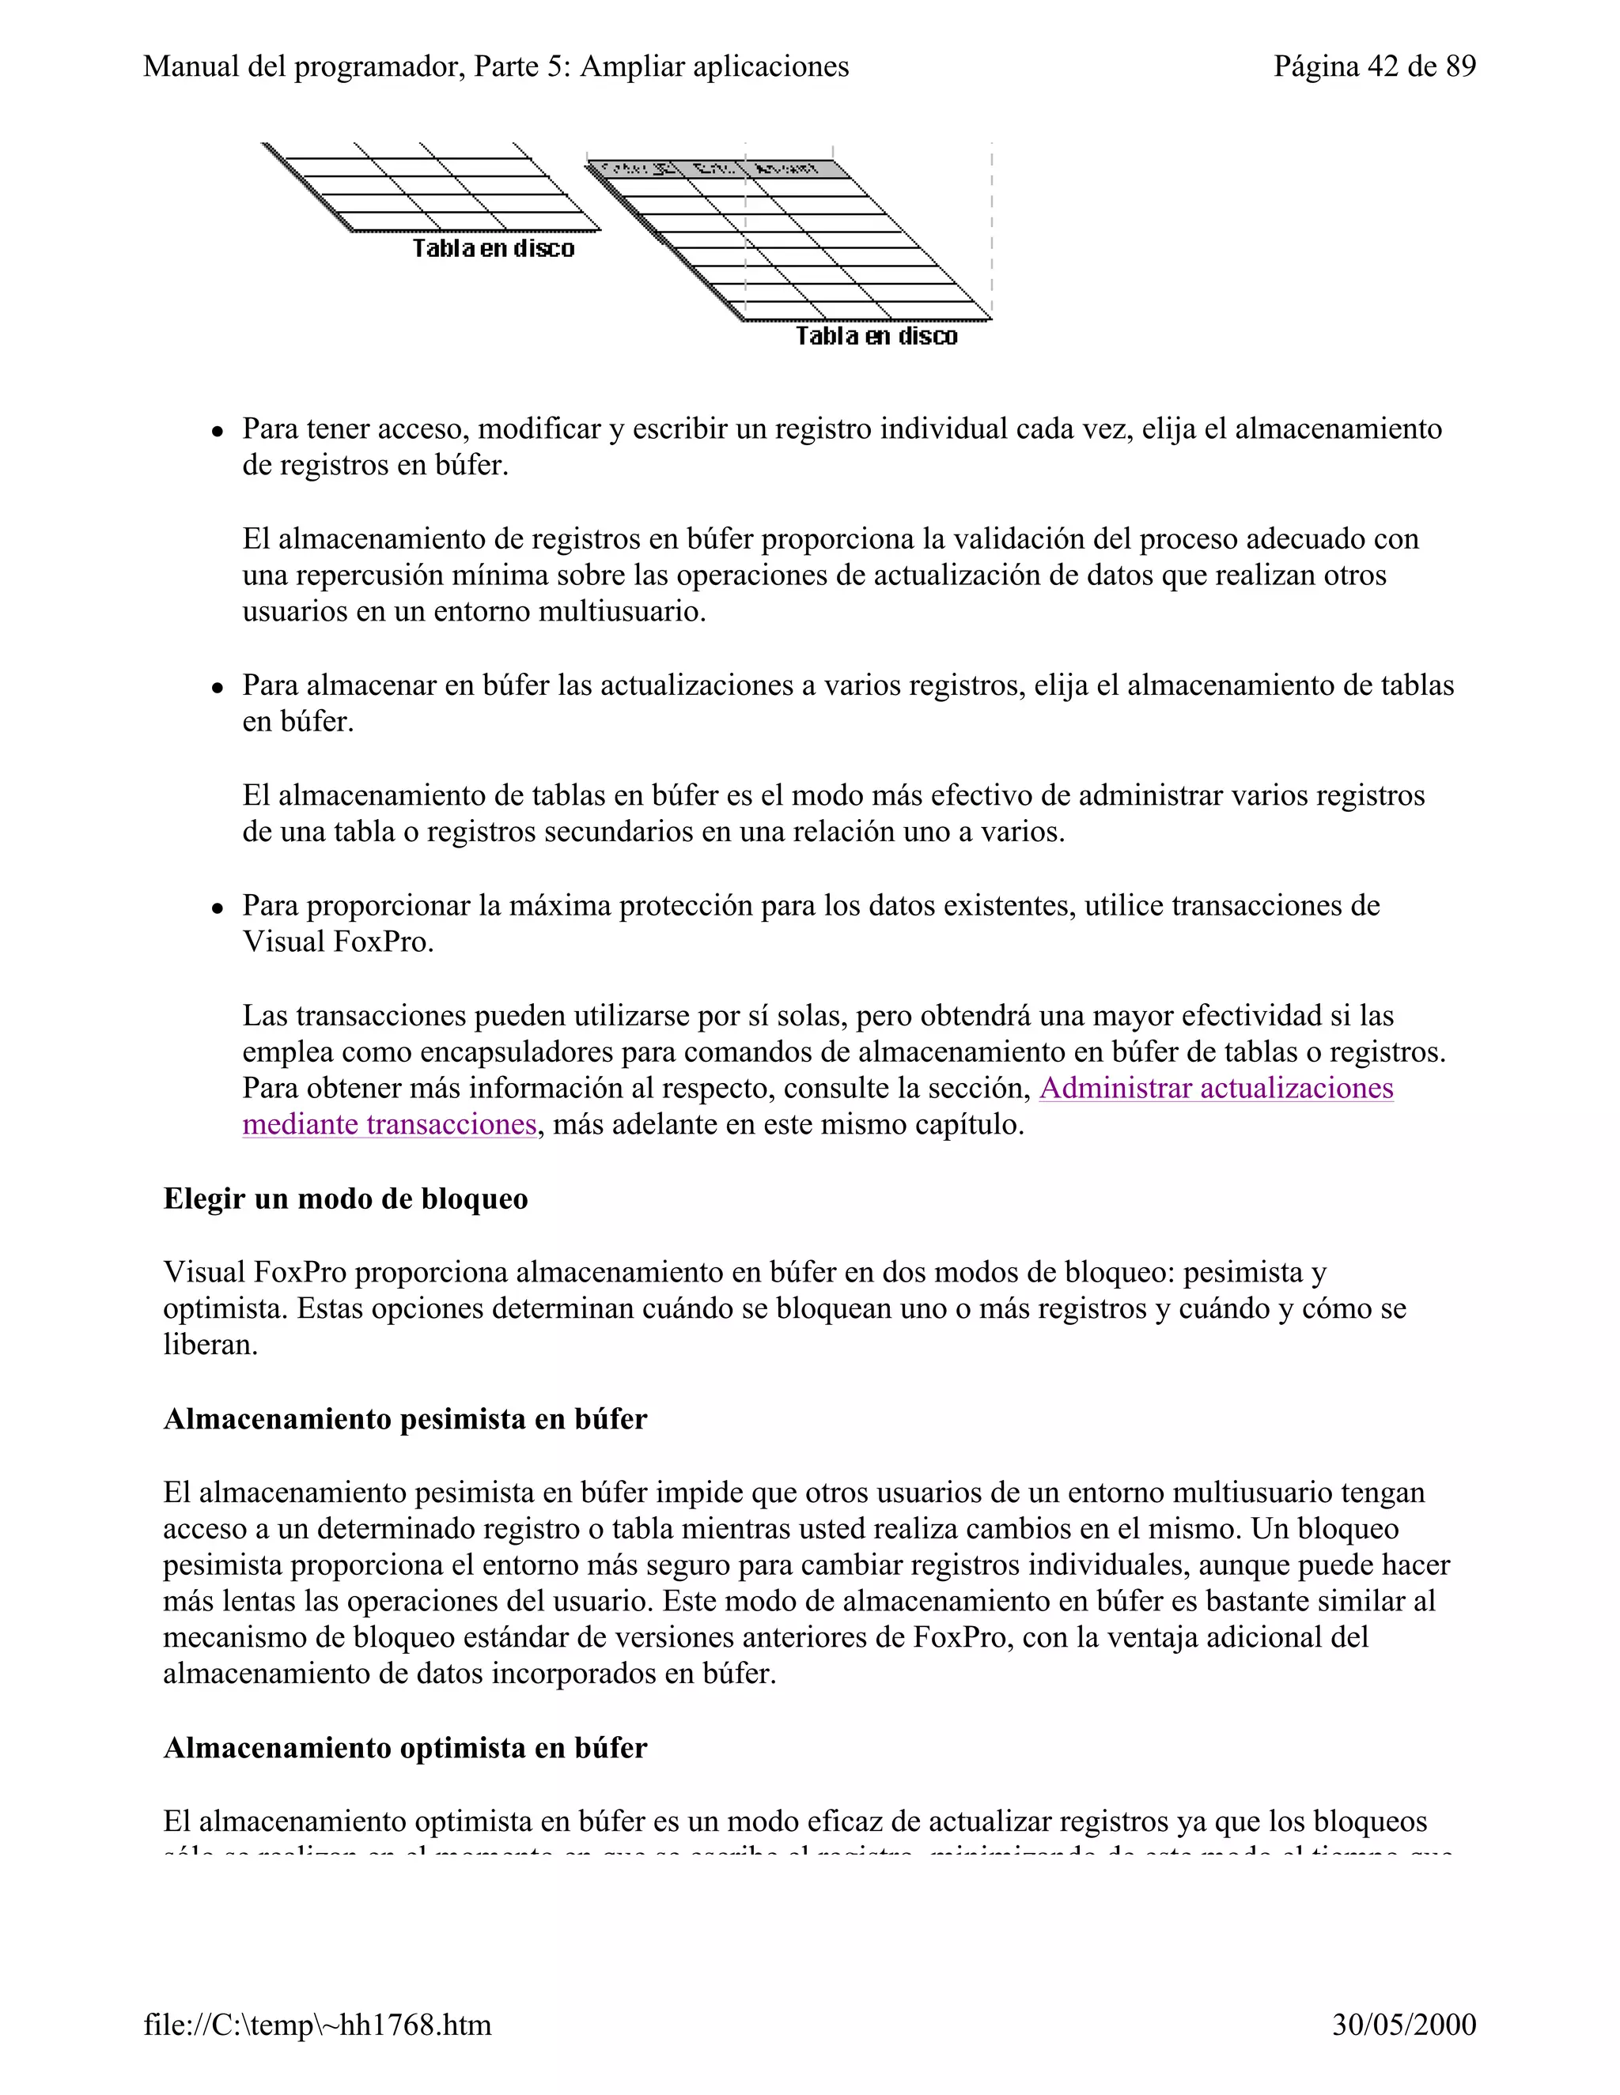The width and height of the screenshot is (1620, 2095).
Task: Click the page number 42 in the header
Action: (1383, 66)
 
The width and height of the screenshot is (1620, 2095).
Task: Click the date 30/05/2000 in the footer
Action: (1403, 2024)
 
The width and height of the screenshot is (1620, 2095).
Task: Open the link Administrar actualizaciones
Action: (1215, 1088)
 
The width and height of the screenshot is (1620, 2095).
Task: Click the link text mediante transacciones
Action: (388, 1124)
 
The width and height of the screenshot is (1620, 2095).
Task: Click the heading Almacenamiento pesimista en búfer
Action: (405, 1419)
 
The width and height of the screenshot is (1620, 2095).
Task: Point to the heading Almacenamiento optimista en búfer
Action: (405, 1748)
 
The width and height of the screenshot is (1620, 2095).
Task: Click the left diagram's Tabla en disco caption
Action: (494, 248)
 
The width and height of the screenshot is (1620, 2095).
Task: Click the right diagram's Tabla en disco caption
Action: (876, 336)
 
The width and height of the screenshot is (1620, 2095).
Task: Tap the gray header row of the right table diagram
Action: (718, 170)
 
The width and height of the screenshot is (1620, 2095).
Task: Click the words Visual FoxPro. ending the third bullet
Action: (338, 942)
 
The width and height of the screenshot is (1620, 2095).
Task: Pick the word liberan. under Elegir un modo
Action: (210, 1344)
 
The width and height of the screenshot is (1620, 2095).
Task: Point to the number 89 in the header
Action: (1459, 66)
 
